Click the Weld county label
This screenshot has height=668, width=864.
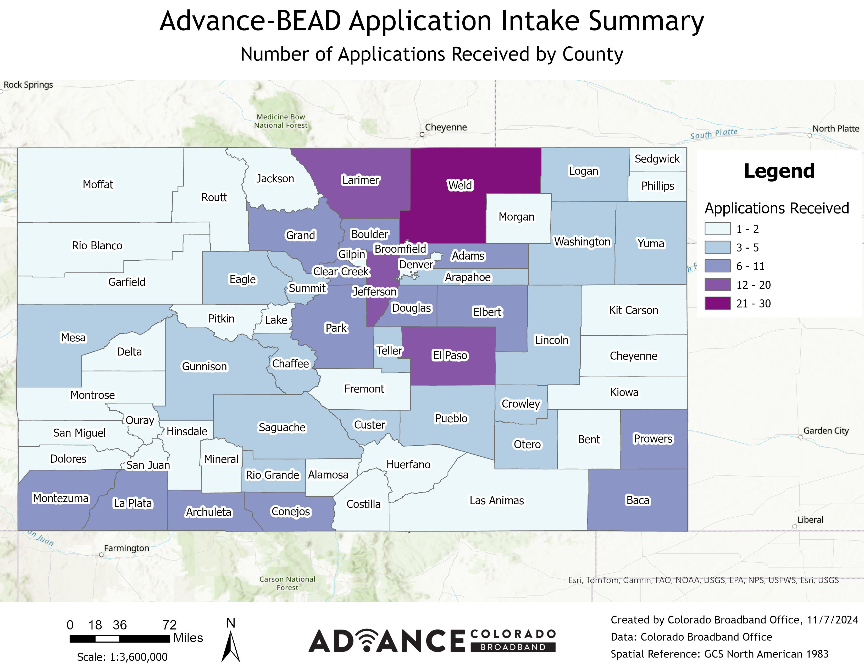(460, 185)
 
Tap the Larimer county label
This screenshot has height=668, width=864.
(361, 180)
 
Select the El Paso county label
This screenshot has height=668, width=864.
(450, 355)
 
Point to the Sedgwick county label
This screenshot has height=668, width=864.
(657, 159)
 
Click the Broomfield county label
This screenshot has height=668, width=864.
(400, 249)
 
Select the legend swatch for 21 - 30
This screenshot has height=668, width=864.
(717, 304)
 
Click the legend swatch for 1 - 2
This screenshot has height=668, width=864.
(717, 229)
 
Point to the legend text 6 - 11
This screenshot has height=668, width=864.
(750, 266)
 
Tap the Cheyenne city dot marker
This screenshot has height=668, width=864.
(422, 135)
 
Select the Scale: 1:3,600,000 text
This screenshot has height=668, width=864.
(122, 657)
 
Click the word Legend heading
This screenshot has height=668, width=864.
(779, 171)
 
